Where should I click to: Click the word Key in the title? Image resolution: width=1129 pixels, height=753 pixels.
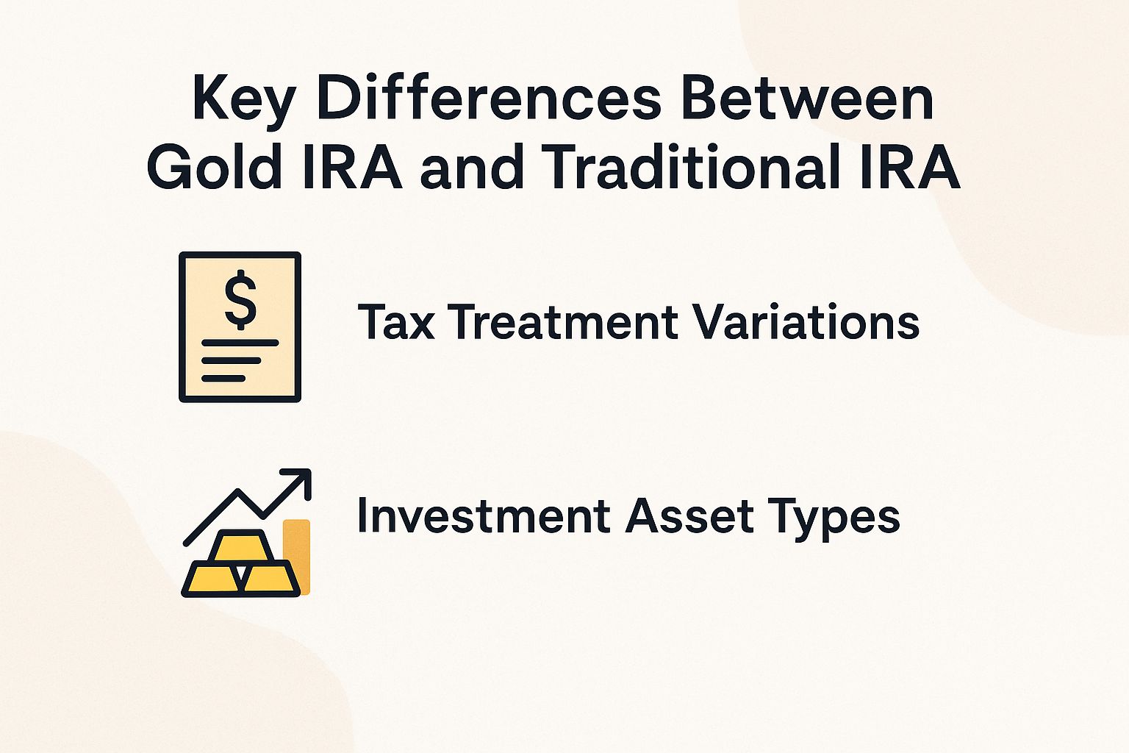click(x=243, y=99)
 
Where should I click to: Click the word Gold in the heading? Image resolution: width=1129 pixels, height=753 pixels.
click(x=215, y=167)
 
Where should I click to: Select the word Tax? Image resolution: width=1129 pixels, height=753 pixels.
click(x=396, y=322)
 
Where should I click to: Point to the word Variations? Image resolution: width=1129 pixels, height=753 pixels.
click(x=806, y=322)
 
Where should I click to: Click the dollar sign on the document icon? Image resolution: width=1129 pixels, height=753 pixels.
click(x=240, y=299)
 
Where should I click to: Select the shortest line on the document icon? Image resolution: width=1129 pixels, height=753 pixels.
click(x=223, y=378)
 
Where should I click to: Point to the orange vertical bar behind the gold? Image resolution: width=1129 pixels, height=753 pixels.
click(x=298, y=544)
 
